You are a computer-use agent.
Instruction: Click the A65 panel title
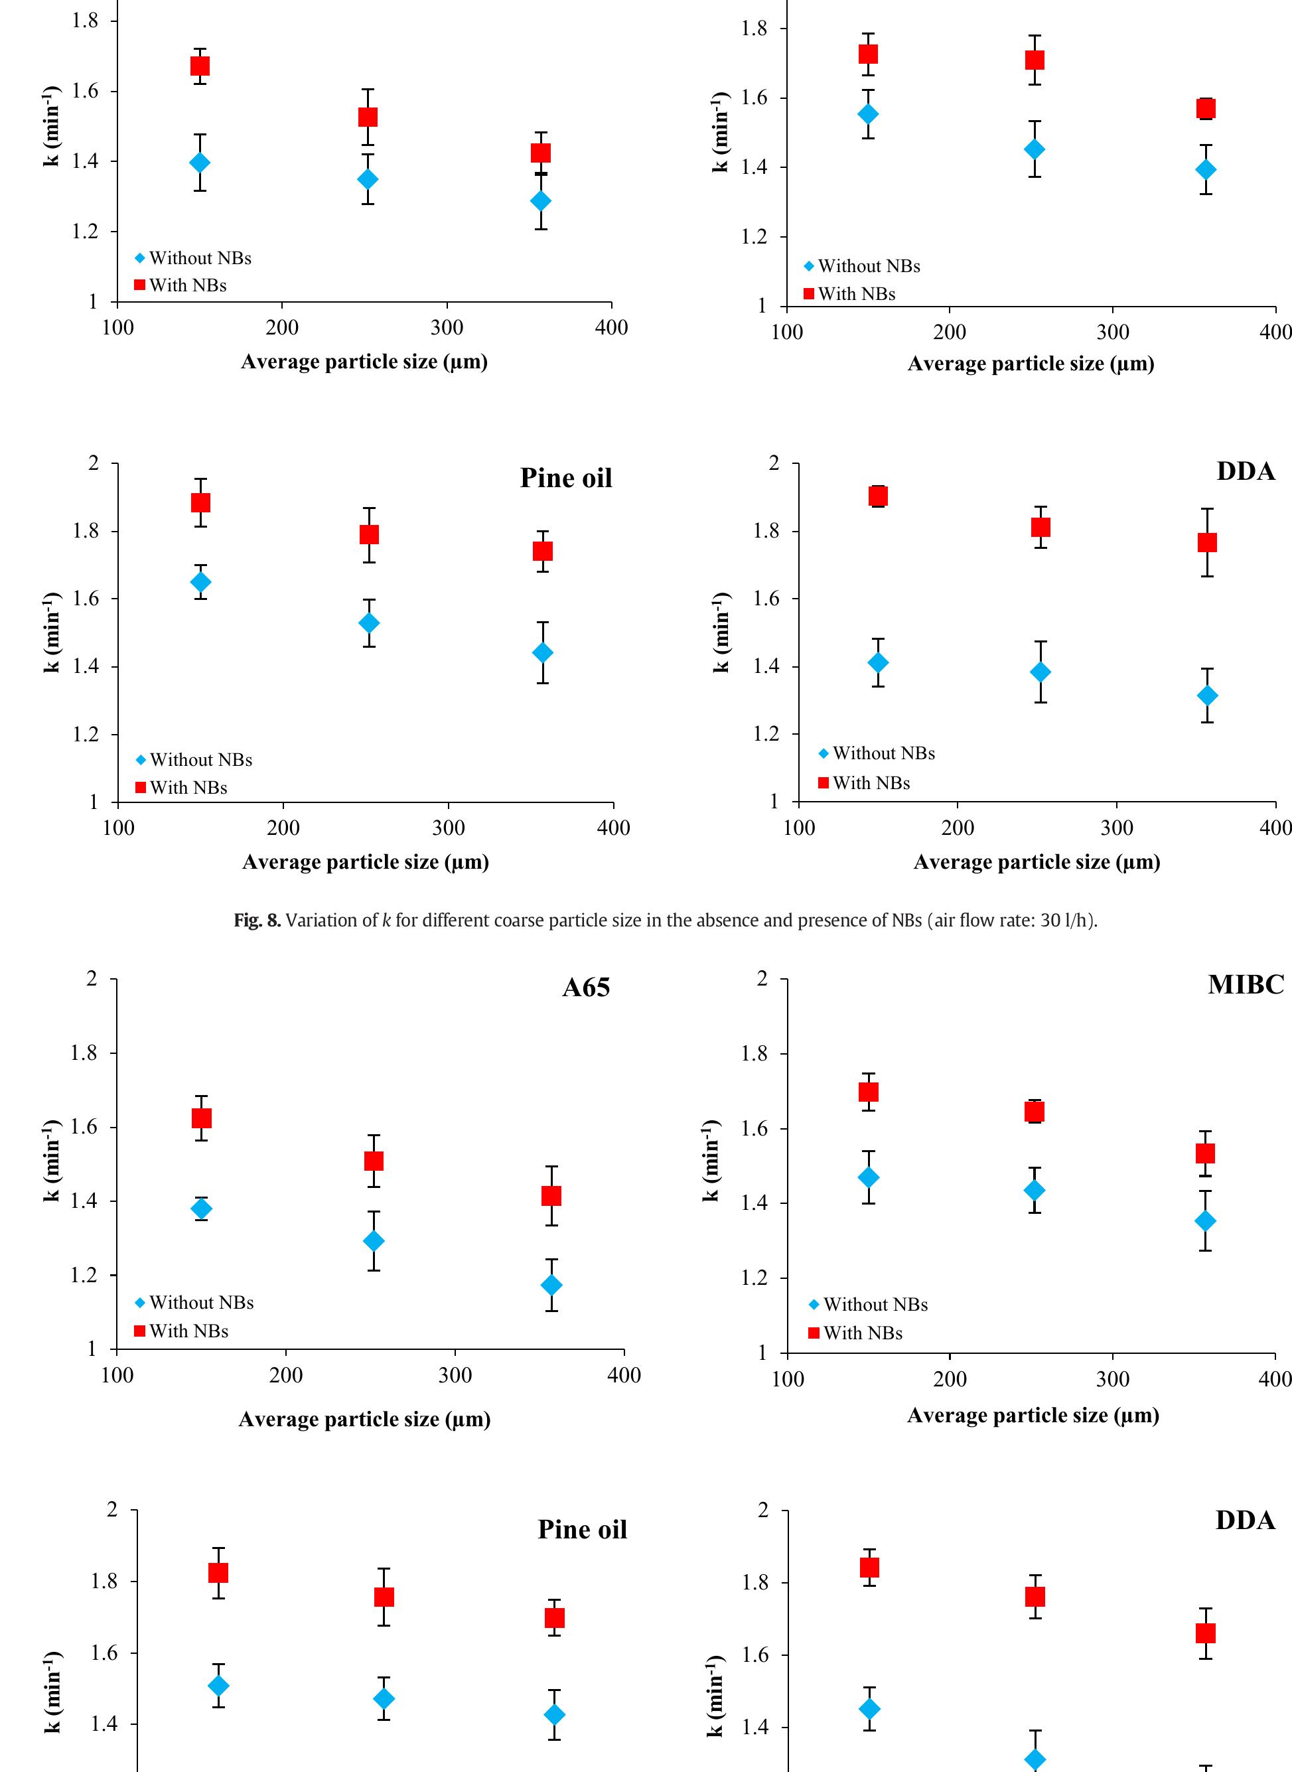click(586, 988)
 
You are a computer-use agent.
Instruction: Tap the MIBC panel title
click(1245, 984)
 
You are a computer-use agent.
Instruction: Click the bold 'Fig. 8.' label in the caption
click(257, 921)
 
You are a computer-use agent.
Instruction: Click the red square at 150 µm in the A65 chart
click(202, 1118)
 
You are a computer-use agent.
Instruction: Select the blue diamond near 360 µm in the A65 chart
click(551, 1285)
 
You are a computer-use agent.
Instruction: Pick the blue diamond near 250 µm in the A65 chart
click(374, 1241)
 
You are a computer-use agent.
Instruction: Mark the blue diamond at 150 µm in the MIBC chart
click(868, 1177)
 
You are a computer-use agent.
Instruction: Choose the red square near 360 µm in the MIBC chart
click(1205, 1153)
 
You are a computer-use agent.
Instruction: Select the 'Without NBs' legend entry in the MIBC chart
click(875, 1304)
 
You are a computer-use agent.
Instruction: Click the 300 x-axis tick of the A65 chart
click(455, 1376)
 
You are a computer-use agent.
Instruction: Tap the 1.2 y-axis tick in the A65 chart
click(82, 1276)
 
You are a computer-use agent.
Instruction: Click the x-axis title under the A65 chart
click(364, 1420)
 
